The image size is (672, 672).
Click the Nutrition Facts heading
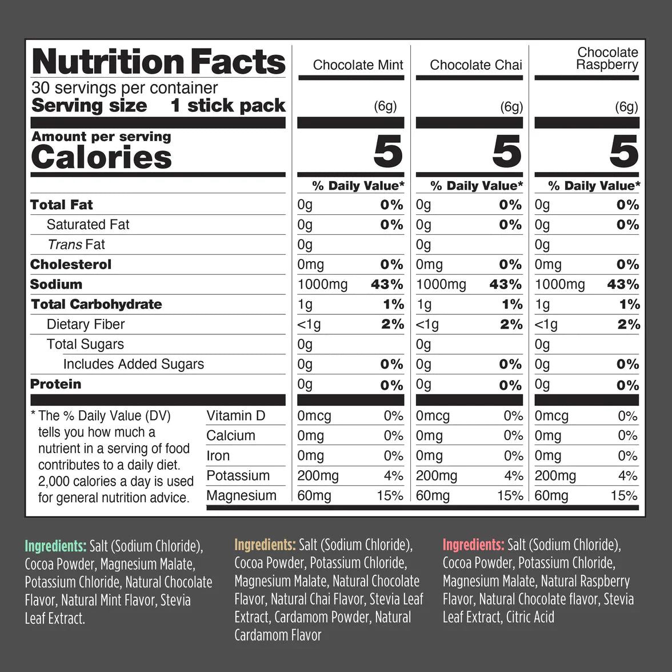(158, 62)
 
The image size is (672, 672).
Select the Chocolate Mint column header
(358, 65)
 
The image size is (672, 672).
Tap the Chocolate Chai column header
(475, 65)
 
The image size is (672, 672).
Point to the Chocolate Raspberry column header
(607, 59)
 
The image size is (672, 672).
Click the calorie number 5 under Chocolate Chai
(506, 152)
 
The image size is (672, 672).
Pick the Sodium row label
(56, 284)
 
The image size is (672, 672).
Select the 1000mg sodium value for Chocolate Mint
(322, 285)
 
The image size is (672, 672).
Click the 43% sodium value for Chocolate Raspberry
(623, 285)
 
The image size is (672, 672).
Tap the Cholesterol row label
(70, 265)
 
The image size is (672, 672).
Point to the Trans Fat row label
(76, 245)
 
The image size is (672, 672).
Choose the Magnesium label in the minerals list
(241, 495)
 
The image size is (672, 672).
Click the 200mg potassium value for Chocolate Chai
(437, 475)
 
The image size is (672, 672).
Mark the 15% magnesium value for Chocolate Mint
(390, 495)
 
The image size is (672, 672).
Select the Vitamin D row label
(235, 415)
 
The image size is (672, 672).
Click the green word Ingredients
(55, 546)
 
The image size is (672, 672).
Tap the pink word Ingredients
(473, 545)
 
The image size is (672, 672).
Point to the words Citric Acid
(530, 617)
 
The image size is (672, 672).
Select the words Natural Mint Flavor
(108, 600)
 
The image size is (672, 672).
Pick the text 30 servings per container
(125, 88)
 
